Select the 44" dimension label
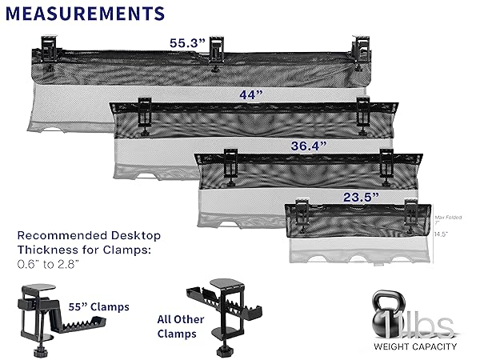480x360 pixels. pyautogui.click(x=251, y=94)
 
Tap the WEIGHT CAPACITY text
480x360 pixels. pyautogui.click(x=415, y=347)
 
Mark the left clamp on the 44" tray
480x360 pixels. pyautogui.click(x=146, y=111)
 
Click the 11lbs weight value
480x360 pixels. pyautogui.click(x=429, y=324)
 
